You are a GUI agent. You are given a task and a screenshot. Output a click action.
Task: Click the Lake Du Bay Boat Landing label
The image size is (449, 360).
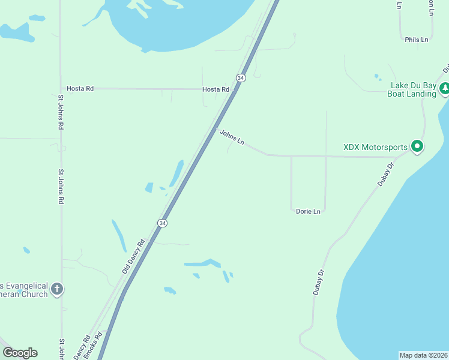tap(412, 89)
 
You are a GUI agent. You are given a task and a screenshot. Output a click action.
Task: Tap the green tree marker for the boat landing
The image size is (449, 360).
tap(445, 89)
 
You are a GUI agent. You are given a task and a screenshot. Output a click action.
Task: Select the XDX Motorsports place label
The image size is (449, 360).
tap(376, 147)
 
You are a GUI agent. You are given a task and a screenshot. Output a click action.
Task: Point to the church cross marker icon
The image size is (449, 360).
tap(57, 289)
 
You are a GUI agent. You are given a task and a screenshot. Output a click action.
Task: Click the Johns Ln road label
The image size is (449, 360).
tap(232, 137)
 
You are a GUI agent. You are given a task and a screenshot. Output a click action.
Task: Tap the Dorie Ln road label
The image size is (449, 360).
tap(309, 211)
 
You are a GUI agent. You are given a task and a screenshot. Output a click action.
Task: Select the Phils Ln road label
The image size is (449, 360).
tap(417, 40)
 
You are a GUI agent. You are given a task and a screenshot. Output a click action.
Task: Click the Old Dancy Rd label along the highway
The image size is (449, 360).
tap(134, 257)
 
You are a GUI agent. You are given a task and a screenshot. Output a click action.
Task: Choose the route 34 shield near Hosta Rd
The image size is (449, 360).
tap(241, 78)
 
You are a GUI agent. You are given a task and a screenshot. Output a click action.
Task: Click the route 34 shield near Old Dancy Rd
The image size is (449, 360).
tap(162, 223)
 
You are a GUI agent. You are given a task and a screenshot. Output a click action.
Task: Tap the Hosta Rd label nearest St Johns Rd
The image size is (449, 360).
tap(80, 89)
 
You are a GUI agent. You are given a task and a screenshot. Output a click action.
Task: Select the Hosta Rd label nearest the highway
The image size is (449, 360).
tap(215, 89)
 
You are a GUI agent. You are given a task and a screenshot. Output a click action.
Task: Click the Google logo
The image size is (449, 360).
tap(20, 352)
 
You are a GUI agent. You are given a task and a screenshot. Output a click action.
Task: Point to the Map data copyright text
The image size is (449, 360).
tap(423, 355)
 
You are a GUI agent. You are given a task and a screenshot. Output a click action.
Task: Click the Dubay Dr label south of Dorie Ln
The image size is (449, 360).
tap(319, 281)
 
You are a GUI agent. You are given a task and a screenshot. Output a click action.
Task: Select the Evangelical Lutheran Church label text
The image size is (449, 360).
tap(24, 289)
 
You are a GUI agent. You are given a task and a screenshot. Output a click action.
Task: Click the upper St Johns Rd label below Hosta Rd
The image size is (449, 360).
tap(61, 112)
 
